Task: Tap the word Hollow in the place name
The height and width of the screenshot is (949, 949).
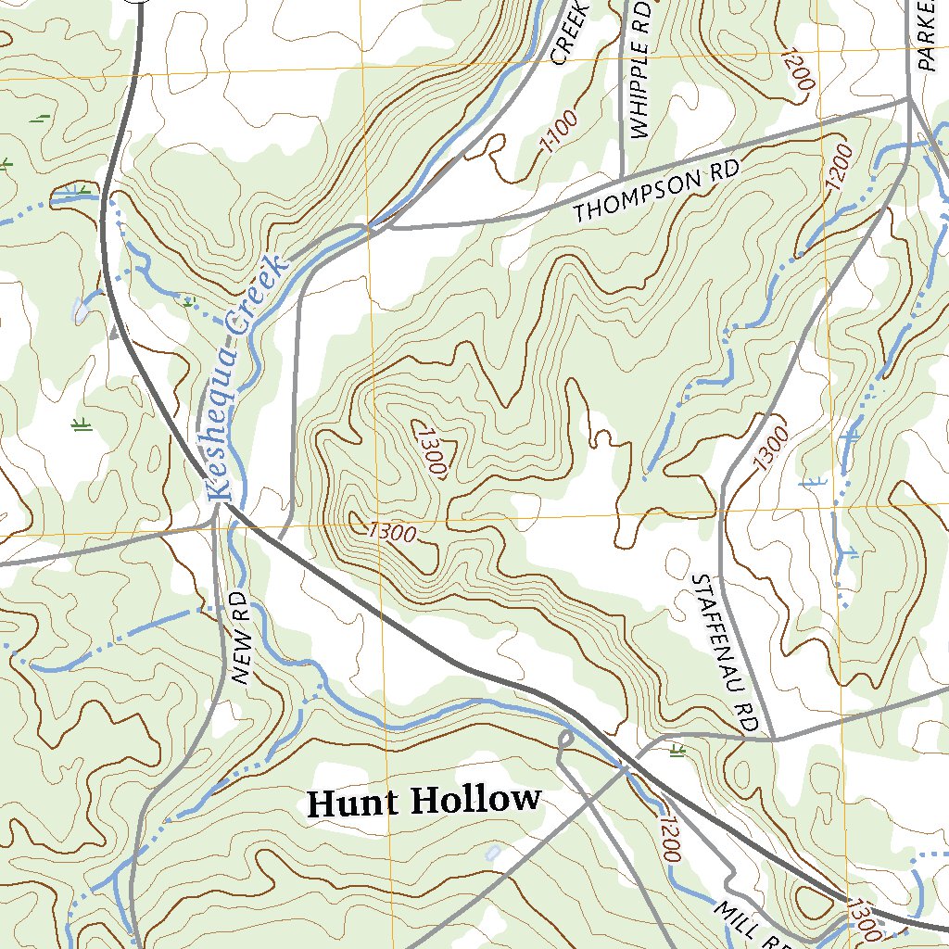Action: click(474, 799)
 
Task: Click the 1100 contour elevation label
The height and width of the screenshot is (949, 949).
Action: click(560, 132)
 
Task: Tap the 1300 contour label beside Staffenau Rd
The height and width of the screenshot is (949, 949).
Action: click(771, 449)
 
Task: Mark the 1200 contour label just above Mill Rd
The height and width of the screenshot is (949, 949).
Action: click(669, 839)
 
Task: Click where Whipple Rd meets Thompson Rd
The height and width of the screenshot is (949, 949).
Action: click(620, 179)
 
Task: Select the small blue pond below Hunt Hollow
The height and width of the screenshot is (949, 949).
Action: click(493, 852)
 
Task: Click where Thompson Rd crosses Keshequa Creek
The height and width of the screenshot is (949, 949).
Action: click(368, 225)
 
